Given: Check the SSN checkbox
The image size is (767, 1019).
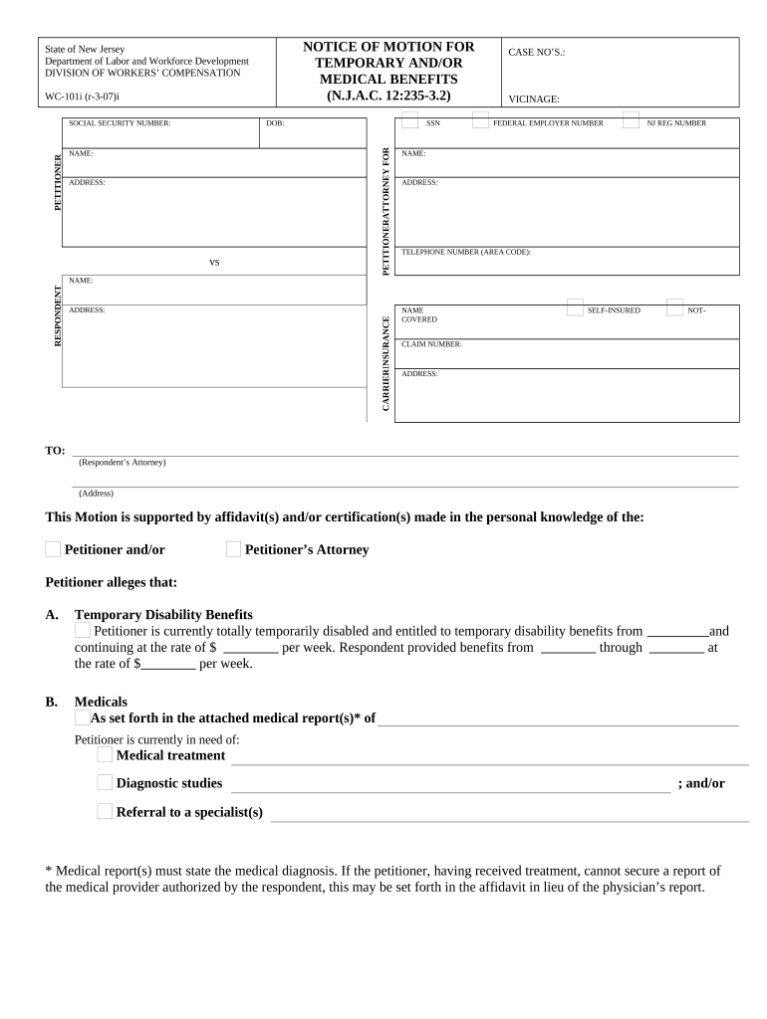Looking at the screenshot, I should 409,120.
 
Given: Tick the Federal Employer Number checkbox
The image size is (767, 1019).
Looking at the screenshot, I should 480,120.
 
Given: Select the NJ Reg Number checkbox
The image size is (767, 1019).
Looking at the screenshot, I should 631,120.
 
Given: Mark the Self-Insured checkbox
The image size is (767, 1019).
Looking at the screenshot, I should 574,307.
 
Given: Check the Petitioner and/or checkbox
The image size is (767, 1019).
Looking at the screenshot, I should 53,549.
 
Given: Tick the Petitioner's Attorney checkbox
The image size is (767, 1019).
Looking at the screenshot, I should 233,549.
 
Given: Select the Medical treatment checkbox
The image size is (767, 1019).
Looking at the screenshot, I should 105,755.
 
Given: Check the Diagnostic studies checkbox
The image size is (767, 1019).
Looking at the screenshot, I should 105,783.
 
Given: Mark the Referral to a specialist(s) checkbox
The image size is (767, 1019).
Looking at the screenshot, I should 105,812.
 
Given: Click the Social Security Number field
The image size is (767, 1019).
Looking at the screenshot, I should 160,135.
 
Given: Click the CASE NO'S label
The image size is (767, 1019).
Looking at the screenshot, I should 537,52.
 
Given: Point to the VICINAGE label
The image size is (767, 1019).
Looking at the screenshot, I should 534,100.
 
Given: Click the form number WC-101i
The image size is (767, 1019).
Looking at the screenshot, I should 83,97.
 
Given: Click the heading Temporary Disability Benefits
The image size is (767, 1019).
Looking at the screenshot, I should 163,615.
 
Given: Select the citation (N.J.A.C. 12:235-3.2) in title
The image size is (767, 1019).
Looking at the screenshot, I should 388,96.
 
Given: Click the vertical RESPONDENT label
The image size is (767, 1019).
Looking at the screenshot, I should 57,316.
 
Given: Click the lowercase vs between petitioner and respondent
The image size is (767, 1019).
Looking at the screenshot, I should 213,262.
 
